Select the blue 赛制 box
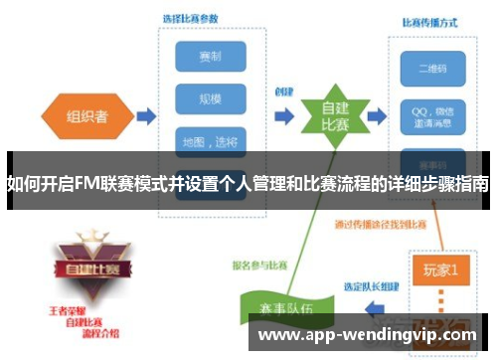click(x=210, y=56)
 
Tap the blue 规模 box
click(x=210, y=99)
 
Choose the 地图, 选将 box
click(x=210, y=142)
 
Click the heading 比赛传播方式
click(x=429, y=21)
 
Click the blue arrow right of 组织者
click(x=145, y=116)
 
